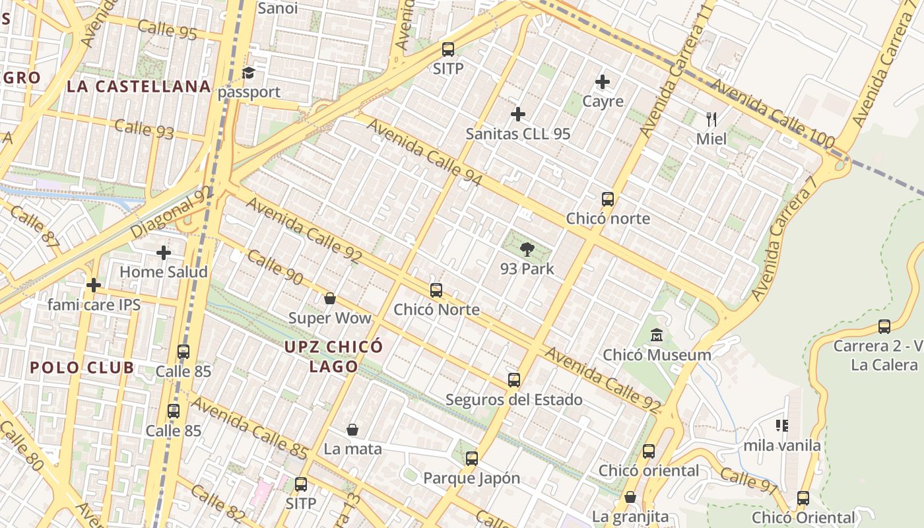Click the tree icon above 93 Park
(x=527, y=249)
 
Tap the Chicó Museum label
(x=657, y=354)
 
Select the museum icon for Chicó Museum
(x=657, y=335)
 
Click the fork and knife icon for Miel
(x=711, y=119)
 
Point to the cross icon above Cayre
(x=602, y=82)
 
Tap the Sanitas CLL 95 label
(x=517, y=133)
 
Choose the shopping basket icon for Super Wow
(x=330, y=298)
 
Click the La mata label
(x=352, y=449)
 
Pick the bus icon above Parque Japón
(x=471, y=458)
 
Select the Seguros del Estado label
(x=513, y=399)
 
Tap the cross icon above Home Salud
(x=163, y=252)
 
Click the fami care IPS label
(x=94, y=304)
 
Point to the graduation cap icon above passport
(x=249, y=73)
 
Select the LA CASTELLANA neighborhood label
(x=139, y=86)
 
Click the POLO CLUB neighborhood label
(x=82, y=368)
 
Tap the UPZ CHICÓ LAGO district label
(x=333, y=356)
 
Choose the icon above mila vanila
(x=782, y=426)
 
